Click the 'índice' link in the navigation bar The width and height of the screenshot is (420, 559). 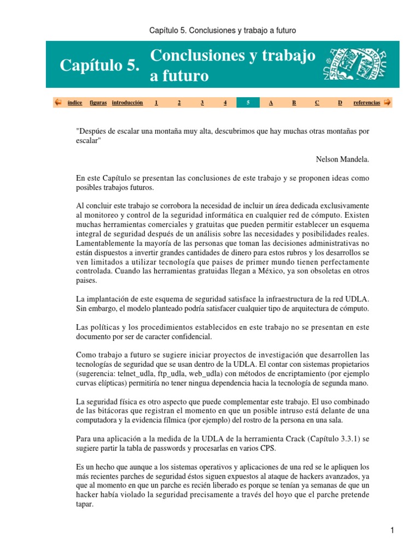click(74, 103)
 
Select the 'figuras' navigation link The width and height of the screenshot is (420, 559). click(98, 103)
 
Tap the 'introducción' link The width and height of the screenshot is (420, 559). click(127, 103)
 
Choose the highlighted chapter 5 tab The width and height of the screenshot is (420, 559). click(248, 103)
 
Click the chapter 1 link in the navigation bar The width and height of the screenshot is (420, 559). click(156, 103)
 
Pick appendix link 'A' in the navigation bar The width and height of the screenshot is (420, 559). click(271, 103)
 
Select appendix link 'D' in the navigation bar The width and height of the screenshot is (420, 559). click(340, 103)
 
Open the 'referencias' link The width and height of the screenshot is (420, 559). click(367, 103)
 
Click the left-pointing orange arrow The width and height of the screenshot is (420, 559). click(57, 102)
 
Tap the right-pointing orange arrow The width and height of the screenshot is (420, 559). click(387, 102)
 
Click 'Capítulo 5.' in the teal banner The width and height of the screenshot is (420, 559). click(100, 66)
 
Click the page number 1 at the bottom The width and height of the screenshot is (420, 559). click(393, 530)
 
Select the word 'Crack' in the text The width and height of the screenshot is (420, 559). click(284, 439)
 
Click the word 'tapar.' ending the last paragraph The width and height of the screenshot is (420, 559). click(85, 504)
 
